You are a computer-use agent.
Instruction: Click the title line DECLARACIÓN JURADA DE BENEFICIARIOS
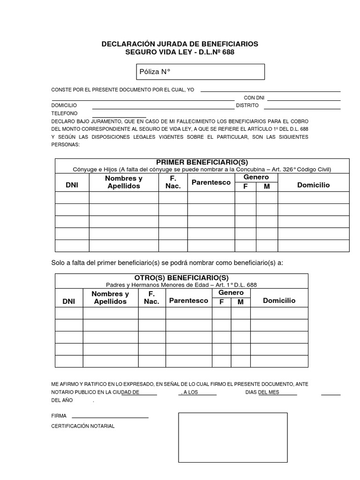[180, 44]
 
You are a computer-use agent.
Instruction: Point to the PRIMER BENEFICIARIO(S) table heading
[202, 162]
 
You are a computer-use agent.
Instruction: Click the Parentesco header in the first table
[211, 182]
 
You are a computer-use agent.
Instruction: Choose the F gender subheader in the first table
[245, 187]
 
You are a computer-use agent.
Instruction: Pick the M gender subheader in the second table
[240, 302]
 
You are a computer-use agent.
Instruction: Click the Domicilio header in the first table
[313, 185]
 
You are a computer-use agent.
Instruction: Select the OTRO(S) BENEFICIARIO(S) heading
[181, 278]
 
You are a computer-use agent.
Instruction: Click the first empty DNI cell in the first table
[72, 198]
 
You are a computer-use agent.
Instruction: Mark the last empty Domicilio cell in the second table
[279, 361]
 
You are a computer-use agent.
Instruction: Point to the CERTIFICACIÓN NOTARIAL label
[82, 426]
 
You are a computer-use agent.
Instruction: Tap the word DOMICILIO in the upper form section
[64, 105]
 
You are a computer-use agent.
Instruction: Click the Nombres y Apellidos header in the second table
[110, 298]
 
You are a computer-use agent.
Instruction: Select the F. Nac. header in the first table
[172, 182]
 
